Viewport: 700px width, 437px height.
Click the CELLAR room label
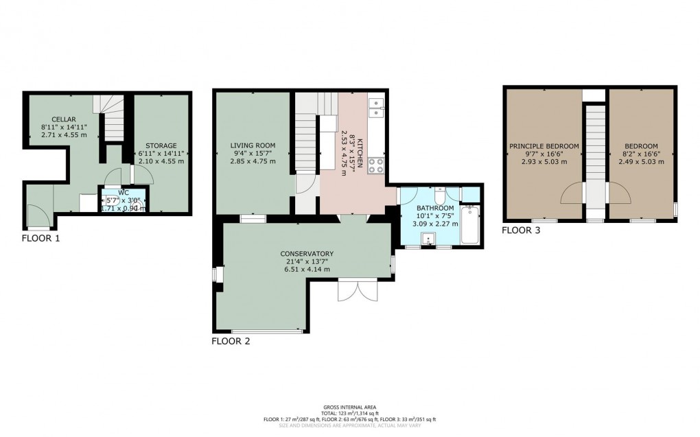(x=62, y=119)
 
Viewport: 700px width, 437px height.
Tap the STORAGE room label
(x=161, y=145)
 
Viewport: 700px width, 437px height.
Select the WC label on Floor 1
(x=124, y=193)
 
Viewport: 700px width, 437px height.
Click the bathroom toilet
(x=446, y=193)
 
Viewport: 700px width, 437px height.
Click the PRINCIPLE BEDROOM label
(x=544, y=146)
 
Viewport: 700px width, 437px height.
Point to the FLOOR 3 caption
(x=520, y=231)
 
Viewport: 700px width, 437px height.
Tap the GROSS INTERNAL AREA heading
(x=349, y=408)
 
